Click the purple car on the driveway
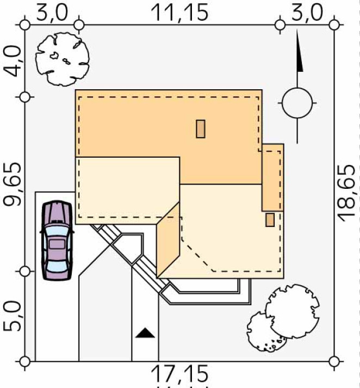[57, 241]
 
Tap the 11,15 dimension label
[180, 13]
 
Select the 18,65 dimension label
[346, 193]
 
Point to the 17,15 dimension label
[180, 374]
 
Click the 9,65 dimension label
[13, 184]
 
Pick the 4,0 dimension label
[13, 62]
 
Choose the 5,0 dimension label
[12, 316]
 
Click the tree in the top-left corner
[63, 59]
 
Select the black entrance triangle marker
[145, 333]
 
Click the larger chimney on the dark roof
[201, 128]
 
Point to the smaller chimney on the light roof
[270, 220]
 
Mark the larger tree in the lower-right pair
[292, 311]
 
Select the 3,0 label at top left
[52, 13]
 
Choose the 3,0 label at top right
[307, 13]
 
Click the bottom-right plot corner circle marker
[334, 361]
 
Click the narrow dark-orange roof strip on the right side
[273, 177]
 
